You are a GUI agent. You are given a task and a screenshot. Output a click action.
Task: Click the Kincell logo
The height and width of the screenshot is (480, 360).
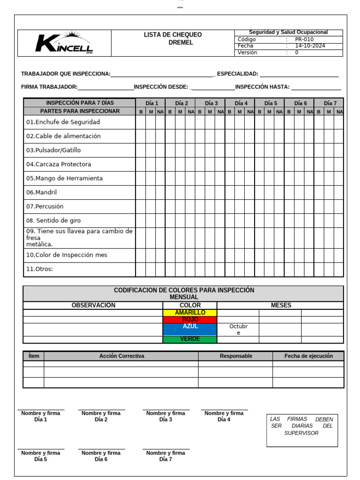coord(64,43)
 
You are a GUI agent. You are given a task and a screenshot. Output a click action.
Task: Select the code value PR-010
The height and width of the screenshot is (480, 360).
coord(304,39)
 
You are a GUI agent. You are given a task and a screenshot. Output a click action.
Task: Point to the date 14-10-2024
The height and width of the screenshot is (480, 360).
coord(309,46)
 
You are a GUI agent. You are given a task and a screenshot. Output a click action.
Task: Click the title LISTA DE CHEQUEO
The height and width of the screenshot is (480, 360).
coord(172,35)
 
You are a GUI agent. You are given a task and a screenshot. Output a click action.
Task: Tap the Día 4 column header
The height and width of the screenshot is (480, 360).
coord(241,103)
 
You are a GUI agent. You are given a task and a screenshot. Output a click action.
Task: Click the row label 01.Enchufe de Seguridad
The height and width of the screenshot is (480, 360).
coord(63,122)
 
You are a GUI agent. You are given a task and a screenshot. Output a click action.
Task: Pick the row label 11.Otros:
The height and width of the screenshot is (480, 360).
coord(40,269)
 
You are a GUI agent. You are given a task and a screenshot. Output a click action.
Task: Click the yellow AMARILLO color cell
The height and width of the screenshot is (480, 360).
coord(190,313)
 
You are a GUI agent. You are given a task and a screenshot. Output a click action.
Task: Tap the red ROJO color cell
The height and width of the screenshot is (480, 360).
coord(190,319)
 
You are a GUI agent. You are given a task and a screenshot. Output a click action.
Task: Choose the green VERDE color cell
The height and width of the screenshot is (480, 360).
coord(190,339)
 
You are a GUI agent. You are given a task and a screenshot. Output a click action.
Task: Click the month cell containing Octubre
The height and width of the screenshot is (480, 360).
coord(238,329)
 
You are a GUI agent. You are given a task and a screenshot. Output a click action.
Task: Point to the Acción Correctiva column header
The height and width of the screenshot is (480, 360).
coord(121,356)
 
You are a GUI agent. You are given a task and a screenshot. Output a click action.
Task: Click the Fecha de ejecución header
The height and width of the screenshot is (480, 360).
coord(308,356)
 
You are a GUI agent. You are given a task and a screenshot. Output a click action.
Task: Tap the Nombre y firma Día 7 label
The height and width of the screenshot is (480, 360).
coord(165,456)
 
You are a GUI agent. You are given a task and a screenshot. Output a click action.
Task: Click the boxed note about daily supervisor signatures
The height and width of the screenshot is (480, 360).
coord(301,426)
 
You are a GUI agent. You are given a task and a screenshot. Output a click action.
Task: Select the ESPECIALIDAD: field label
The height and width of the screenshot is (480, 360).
coord(238,74)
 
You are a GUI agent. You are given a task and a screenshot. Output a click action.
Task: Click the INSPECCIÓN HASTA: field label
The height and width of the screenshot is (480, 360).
coord(262,87)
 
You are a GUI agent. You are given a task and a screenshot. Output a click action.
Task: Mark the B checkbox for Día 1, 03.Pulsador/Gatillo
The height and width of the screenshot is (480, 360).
coord(141,150)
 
